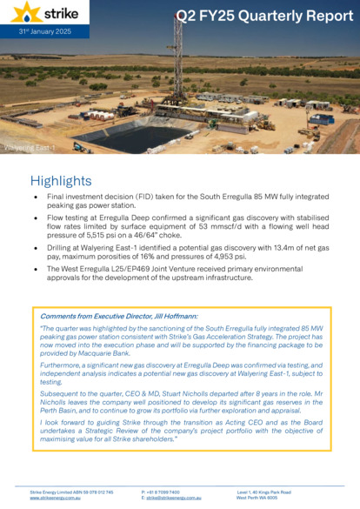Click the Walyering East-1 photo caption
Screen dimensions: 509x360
click(x=29, y=149)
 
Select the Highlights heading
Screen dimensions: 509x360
click(x=60, y=181)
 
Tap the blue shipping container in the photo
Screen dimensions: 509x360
click(x=322, y=119)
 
